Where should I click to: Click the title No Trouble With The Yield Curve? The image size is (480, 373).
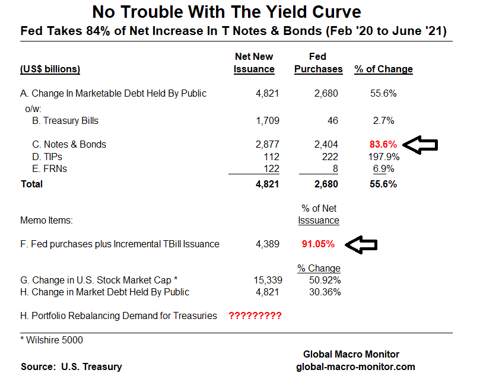tap(227, 11)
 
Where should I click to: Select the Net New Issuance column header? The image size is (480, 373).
tap(255, 63)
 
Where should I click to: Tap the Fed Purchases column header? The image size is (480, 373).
tap(318, 63)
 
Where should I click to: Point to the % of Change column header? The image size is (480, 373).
tap(383, 69)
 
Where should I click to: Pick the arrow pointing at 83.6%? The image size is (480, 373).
tap(420, 144)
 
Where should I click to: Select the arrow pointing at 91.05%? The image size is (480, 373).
tap(361, 244)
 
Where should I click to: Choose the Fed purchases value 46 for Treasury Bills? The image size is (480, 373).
tap(332, 121)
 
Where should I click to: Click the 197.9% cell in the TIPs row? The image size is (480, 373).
tap(383, 157)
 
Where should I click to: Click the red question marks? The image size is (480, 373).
tap(255, 316)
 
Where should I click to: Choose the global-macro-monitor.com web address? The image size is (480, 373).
tap(355, 366)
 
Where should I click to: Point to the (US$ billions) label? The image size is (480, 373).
tap(50, 69)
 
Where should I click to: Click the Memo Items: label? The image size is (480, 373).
tap(46, 221)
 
